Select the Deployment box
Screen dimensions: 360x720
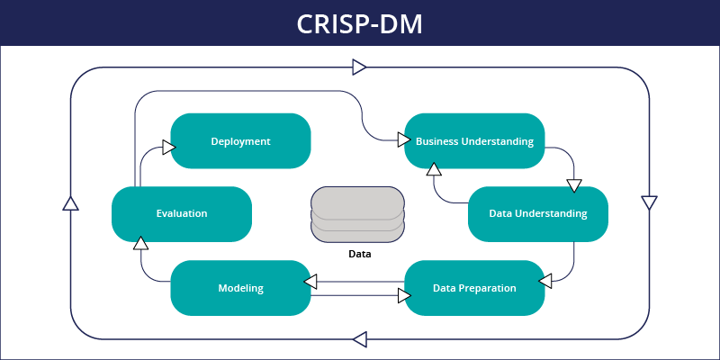pos(240,141)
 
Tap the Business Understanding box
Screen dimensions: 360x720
pos(474,141)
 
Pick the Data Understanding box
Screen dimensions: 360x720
pos(538,214)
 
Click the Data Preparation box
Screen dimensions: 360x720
pos(474,288)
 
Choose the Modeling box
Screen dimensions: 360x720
pos(240,288)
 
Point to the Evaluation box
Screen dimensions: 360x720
pos(181,214)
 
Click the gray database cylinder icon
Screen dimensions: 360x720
pos(357,214)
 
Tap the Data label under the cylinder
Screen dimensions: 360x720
pos(359,255)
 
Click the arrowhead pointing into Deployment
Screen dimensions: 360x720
pos(168,147)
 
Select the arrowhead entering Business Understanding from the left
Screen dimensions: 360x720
pos(402,139)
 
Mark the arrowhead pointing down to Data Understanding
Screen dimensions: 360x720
pos(574,185)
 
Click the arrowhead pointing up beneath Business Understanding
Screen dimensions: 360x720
pos(434,168)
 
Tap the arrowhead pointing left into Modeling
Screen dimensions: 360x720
pos(310,282)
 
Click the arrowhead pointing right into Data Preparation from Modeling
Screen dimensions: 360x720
pos(403,293)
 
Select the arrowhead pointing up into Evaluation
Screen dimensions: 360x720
pos(140,242)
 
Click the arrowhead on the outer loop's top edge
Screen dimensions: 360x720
pos(359,67)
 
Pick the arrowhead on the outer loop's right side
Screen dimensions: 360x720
pos(649,202)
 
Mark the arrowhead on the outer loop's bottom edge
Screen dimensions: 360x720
pos(360,339)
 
